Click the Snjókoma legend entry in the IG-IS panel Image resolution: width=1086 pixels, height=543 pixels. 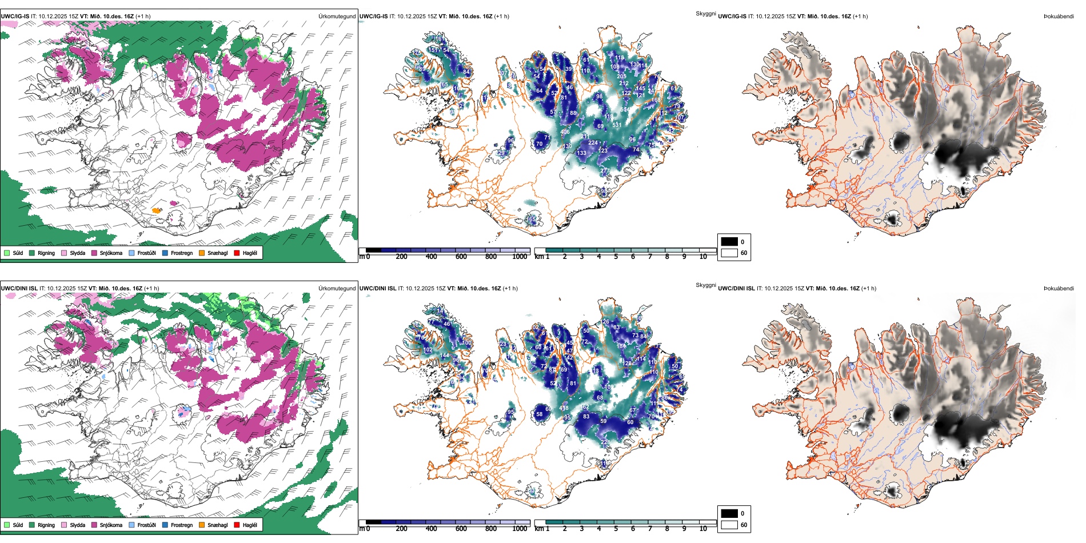(110, 253)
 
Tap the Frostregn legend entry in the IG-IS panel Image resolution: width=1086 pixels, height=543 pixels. (181, 253)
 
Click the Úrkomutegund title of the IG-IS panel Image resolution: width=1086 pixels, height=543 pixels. (337, 17)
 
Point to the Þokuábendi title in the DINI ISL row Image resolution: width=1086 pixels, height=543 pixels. (1059, 289)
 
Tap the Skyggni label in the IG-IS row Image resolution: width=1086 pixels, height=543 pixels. (705, 14)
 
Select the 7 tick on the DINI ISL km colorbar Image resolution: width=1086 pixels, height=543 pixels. (650, 529)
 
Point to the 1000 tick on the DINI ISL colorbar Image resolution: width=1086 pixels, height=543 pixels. (520, 529)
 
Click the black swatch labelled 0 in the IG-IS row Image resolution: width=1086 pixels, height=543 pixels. (729, 242)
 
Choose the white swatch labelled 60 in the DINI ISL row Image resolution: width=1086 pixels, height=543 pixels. (729, 525)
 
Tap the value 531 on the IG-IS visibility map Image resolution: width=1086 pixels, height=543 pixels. (617, 125)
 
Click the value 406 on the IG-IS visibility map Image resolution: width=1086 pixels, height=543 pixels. (565, 133)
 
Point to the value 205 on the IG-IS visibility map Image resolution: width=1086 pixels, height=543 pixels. (622, 77)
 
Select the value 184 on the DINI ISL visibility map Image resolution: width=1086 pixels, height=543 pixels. (621, 346)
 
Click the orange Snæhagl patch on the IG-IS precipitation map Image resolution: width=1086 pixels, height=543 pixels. (156, 210)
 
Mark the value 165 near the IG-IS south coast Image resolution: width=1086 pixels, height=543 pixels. (532, 219)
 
